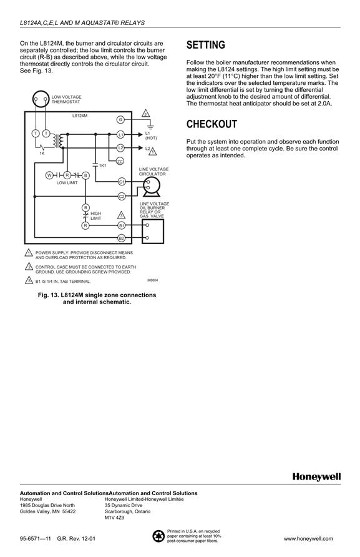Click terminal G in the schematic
120,120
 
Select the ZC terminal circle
120,162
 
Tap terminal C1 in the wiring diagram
122,182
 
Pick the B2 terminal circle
122,238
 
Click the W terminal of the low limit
50,175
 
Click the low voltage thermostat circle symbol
40,99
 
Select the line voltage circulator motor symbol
152,187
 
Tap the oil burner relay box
153,231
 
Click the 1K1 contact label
102,166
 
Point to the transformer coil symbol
58,141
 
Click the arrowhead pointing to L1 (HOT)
140,135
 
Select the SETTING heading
206,45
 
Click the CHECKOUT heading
212,124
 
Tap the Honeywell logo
317,476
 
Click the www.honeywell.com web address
308,538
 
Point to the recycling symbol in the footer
158,536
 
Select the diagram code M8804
153,280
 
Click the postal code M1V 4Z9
114,518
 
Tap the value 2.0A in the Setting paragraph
325,104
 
